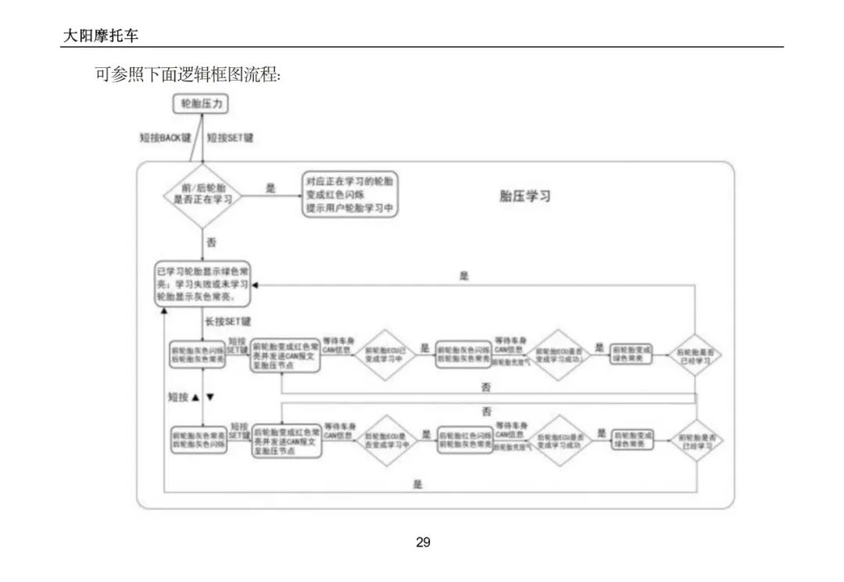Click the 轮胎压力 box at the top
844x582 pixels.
point(201,103)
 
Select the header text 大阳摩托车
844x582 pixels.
point(101,36)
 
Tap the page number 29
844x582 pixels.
point(423,542)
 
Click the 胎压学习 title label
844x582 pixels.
point(524,196)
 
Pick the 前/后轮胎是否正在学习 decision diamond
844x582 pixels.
point(202,195)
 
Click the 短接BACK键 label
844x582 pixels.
point(165,138)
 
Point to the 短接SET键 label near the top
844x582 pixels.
point(231,138)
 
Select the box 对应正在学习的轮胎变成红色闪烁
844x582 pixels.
point(350,195)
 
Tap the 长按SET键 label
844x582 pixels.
point(228,322)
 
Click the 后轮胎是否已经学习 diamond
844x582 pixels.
point(694,355)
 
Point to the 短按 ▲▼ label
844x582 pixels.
point(191,397)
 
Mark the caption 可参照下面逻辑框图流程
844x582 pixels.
point(188,76)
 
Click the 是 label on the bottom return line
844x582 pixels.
point(417,484)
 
